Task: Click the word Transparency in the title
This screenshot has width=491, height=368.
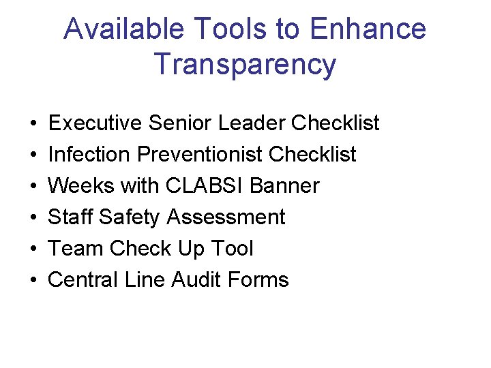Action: [245, 64]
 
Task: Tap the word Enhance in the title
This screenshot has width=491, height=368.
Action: [368, 29]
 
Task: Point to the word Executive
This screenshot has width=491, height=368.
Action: [95, 123]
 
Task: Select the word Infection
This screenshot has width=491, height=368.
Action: [90, 155]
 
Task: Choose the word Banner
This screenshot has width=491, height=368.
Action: [288, 186]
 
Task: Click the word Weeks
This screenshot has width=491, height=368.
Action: [80, 186]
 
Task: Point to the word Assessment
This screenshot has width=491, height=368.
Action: [226, 217]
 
